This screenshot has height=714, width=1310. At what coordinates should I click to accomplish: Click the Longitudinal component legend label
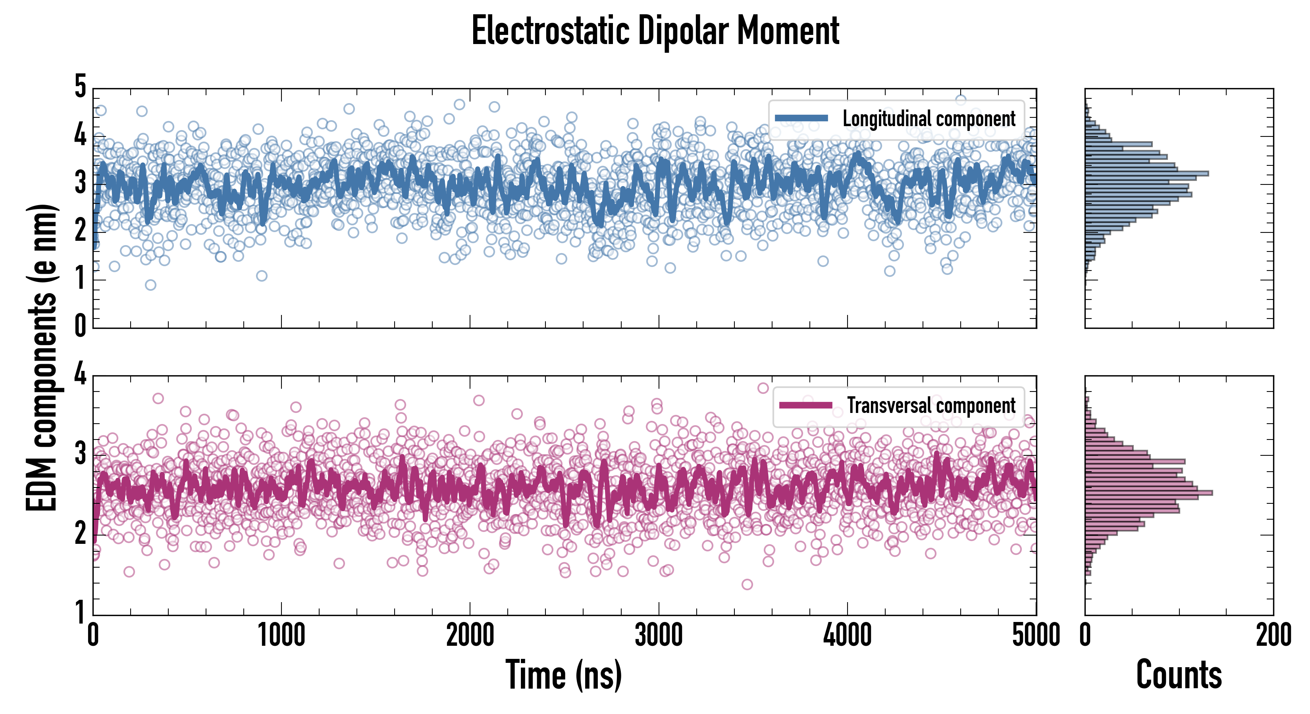pyautogui.click(x=929, y=119)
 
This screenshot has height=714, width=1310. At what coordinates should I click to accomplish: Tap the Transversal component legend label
pyautogui.click(x=930, y=405)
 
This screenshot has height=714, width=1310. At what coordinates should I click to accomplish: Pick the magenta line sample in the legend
pyautogui.click(x=805, y=405)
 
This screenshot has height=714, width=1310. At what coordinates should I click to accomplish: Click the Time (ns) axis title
pyautogui.click(x=563, y=675)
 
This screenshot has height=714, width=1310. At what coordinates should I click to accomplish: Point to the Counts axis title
pyautogui.click(x=1179, y=675)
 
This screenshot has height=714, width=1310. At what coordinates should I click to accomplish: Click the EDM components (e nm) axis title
pyautogui.click(x=42, y=358)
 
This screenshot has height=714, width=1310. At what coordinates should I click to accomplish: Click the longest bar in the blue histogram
pyautogui.click(x=1146, y=174)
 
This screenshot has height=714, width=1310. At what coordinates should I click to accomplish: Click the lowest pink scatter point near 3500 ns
pyautogui.click(x=747, y=584)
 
